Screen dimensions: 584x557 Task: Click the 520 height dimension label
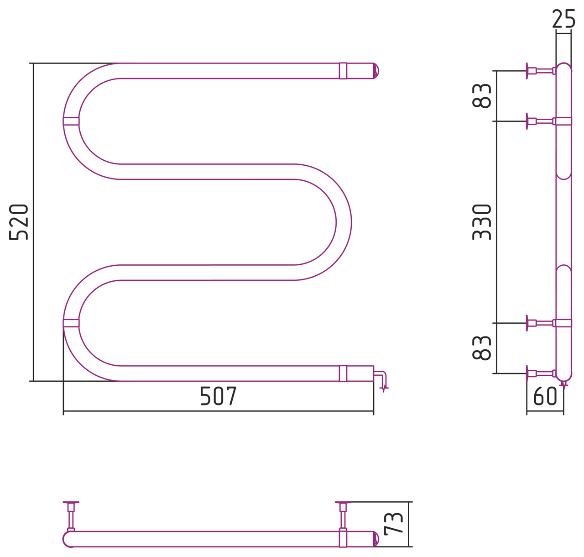pyautogui.click(x=18, y=222)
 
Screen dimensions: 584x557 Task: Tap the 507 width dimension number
pyautogui.click(x=219, y=396)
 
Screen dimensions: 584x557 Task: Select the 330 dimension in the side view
pyautogui.click(x=481, y=222)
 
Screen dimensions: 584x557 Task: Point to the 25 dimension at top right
pyautogui.click(x=563, y=18)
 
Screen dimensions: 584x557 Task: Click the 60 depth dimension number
pyautogui.click(x=545, y=396)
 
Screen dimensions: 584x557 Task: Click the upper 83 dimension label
pyautogui.click(x=481, y=96)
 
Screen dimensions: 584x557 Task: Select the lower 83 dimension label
pyautogui.click(x=481, y=348)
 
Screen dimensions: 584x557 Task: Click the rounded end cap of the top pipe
pyautogui.click(x=376, y=71)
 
